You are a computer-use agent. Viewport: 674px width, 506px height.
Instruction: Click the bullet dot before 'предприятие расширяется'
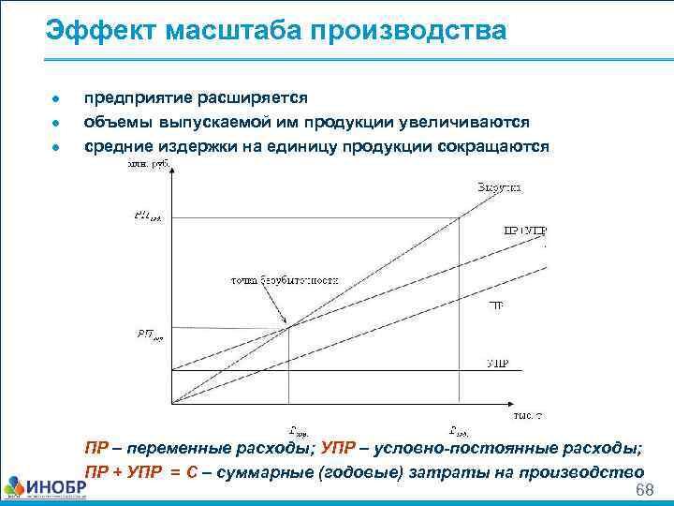(x=57, y=98)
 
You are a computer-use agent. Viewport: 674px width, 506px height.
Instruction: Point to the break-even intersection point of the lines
(x=288, y=325)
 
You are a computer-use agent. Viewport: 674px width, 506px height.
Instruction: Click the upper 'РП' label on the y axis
(x=148, y=217)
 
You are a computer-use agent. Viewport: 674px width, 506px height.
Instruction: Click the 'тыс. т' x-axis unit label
(x=528, y=414)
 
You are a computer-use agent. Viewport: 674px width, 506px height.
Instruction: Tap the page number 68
(x=643, y=492)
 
